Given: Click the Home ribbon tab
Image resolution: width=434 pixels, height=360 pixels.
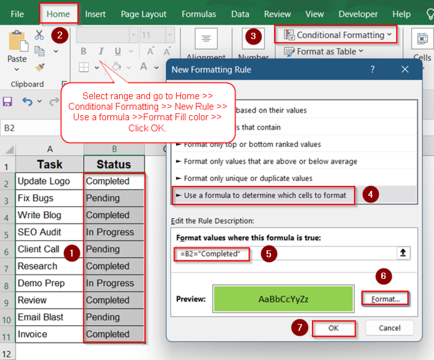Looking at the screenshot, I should pyautogui.click(x=58, y=14).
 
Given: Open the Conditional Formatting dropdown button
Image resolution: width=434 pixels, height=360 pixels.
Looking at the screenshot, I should pyautogui.click(x=336, y=35).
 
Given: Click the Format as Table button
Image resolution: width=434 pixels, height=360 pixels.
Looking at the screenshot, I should pyautogui.click(x=324, y=52).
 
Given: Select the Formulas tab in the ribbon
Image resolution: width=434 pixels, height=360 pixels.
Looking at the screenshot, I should pyautogui.click(x=199, y=14).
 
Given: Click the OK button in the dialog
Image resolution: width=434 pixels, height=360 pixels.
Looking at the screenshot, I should pyautogui.click(x=334, y=328).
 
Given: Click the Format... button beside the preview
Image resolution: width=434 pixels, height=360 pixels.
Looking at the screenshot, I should pyautogui.click(x=385, y=299).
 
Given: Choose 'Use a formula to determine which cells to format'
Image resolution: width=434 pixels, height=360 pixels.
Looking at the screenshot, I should pyautogui.click(x=263, y=195).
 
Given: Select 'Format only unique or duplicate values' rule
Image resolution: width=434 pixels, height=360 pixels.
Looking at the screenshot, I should pyautogui.click(x=248, y=178).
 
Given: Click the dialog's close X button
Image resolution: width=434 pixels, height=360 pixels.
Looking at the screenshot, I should pyautogui.click(x=405, y=69).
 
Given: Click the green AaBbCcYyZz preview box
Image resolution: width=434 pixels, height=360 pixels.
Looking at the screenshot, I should pyautogui.click(x=283, y=299).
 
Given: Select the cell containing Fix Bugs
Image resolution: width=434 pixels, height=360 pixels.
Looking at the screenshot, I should pyautogui.click(x=49, y=198).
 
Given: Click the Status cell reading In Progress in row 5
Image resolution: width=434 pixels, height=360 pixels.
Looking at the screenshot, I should pyautogui.click(x=114, y=232).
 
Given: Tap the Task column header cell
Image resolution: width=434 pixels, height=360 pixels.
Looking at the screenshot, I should pyautogui.click(x=49, y=164).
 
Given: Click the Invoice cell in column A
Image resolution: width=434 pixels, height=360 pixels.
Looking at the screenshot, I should pyautogui.click(x=49, y=334).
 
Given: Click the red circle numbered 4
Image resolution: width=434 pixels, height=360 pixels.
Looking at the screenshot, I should pyautogui.click(x=370, y=195).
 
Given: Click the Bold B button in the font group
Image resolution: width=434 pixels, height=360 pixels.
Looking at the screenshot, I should pyautogui.click(x=83, y=52).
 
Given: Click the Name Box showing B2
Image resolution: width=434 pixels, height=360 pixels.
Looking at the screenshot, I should pyautogui.click(x=30, y=127).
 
